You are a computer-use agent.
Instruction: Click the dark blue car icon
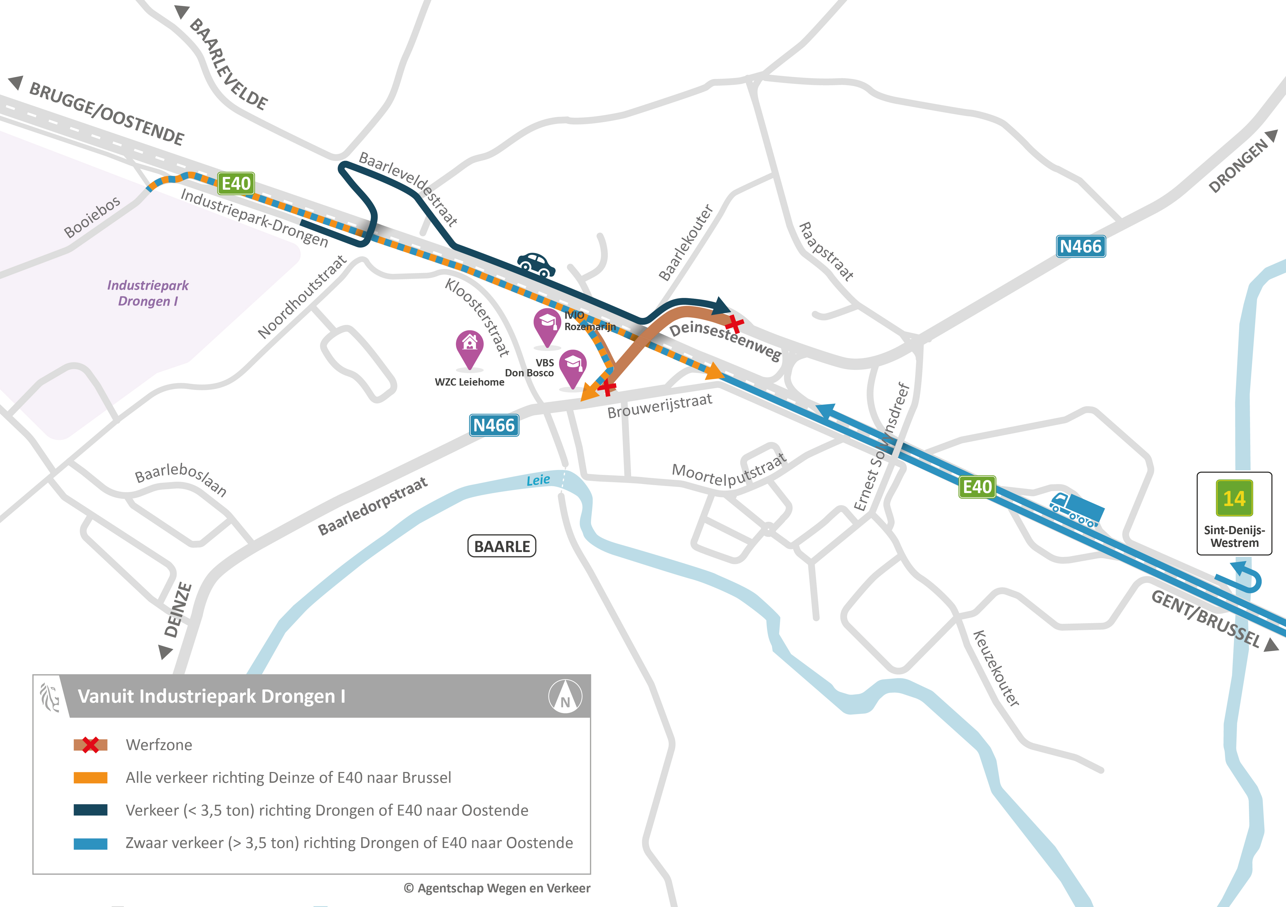536,264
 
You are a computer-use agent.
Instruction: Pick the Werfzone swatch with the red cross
90,745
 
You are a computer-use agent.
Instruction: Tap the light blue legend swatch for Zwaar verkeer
90,843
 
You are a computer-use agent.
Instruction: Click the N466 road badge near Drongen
1081,246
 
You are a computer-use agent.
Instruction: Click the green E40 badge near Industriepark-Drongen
236,183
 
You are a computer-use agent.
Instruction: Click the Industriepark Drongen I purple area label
148,293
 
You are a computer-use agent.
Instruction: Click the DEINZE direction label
178,610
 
